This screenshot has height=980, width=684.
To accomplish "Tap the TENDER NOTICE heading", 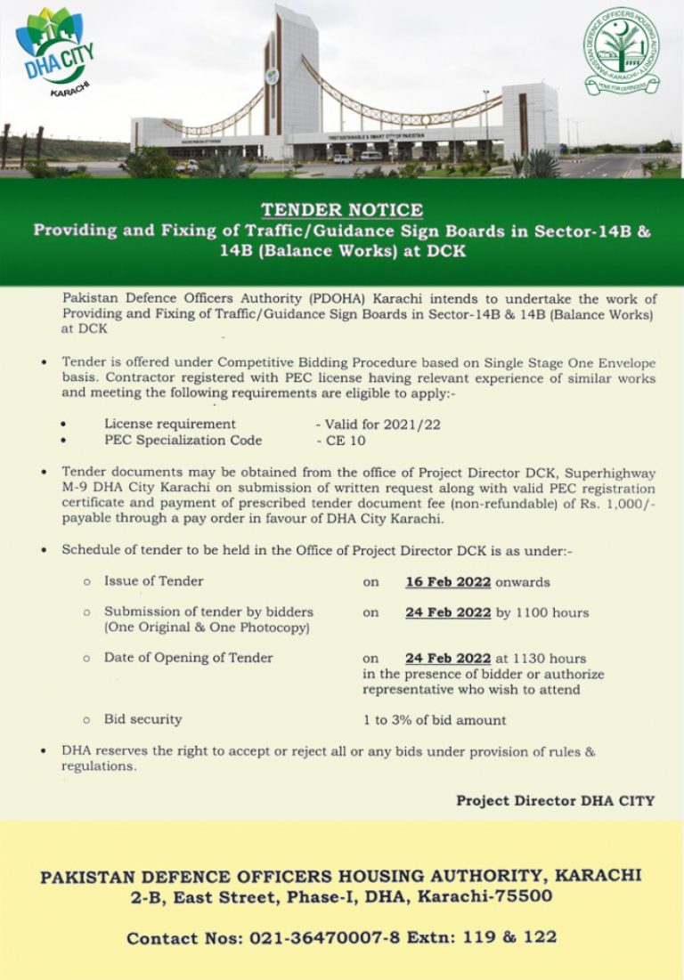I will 342,210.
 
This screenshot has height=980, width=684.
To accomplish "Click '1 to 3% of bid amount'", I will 434,720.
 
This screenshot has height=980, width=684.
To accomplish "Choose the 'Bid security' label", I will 142,718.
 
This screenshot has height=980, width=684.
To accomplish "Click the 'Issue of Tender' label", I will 153,581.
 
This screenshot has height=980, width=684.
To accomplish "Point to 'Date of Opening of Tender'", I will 188,658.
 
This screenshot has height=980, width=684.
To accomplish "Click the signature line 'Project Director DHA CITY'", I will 555,800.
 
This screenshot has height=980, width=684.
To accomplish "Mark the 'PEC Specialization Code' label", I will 183,440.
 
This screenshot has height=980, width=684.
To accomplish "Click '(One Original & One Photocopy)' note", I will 207,628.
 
